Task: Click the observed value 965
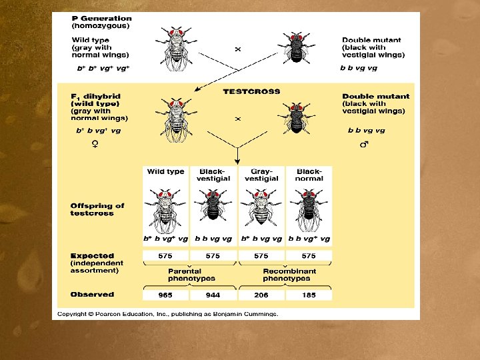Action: coord(165,295)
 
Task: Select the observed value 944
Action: coord(213,295)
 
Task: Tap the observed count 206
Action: coord(261,295)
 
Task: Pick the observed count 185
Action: coord(309,295)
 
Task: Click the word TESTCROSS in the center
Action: coord(251,91)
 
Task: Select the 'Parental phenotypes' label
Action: coord(192,275)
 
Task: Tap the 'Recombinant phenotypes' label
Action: coord(289,275)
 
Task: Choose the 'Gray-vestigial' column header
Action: coord(261,175)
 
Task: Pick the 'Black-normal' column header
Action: coord(309,175)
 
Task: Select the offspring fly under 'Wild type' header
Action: coord(165,208)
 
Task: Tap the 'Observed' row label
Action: coord(92,294)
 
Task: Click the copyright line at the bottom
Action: coord(167,313)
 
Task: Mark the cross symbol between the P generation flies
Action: coord(237,49)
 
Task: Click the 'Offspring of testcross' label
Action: coord(97,209)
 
